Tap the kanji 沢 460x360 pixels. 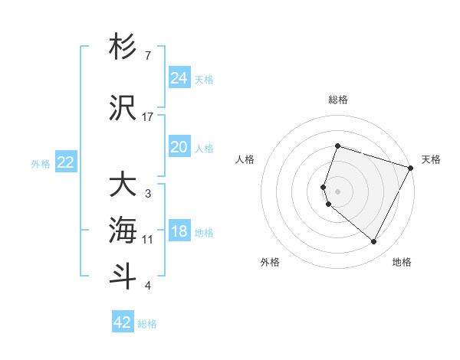[123, 108]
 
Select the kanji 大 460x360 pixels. [123, 185]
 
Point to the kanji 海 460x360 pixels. [123, 231]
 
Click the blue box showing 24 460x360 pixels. [179, 77]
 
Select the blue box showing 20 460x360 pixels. [179, 147]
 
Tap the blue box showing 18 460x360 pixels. [179, 231]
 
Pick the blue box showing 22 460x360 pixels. [65, 162]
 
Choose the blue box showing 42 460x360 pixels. [123, 322]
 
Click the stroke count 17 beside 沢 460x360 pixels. [148, 117]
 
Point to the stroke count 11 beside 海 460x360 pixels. [148, 240]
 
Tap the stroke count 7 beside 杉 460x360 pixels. [148, 56]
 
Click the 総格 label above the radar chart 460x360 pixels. [338, 100]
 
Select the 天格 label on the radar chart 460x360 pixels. [431, 159]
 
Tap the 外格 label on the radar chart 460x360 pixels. [270, 263]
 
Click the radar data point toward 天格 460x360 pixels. [411, 168]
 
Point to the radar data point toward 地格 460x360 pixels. [373, 242]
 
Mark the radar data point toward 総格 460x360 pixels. [337, 146]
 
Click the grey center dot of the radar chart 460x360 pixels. [338, 191]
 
